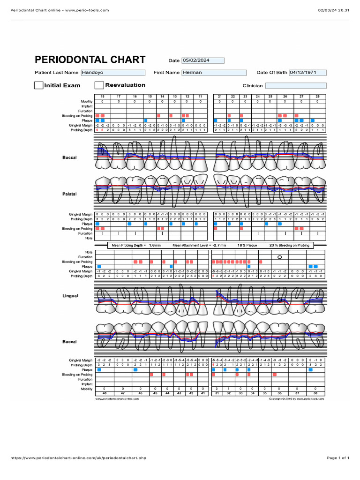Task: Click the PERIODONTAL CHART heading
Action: [x=90, y=60]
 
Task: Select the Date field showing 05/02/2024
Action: [x=204, y=60]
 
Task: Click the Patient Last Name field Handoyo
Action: [x=113, y=73]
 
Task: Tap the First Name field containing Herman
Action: [x=213, y=73]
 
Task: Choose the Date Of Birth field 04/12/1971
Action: [x=307, y=73]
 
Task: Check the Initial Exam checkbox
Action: [x=38, y=85]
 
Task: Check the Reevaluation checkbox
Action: [x=99, y=85]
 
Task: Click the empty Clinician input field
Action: [x=296, y=86]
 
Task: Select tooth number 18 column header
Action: [x=103, y=96]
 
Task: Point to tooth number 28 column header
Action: [x=317, y=96]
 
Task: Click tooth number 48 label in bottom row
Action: [x=104, y=394]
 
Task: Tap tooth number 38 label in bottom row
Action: [x=315, y=394]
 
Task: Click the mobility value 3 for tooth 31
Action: [x=217, y=389]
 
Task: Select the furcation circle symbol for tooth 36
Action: [x=280, y=257]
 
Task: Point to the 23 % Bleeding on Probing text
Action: [x=289, y=245]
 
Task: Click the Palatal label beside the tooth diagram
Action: [x=69, y=194]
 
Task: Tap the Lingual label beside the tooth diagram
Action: [x=70, y=296]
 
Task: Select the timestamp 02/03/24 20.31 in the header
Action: [x=333, y=10]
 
